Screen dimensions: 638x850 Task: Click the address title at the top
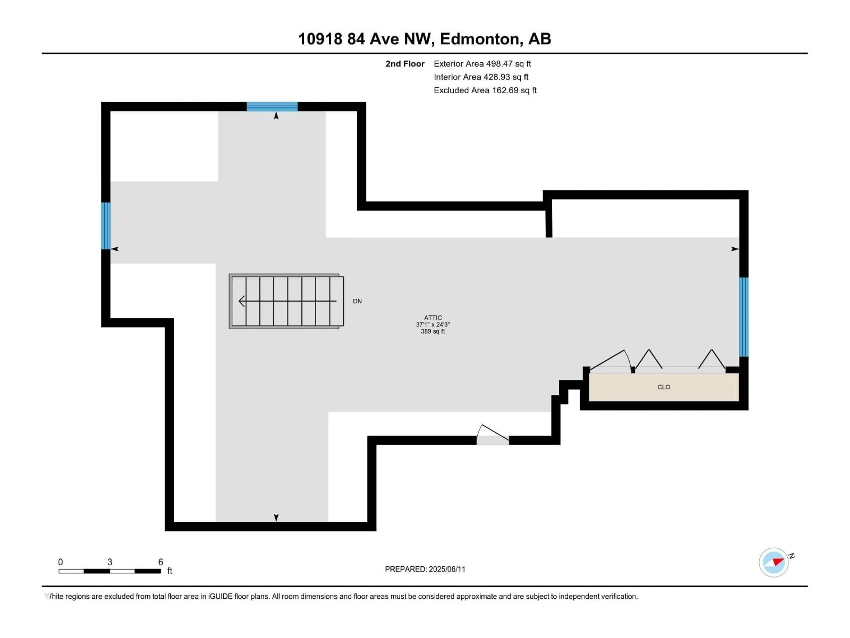tap(425, 39)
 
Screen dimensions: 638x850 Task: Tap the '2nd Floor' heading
tap(405, 64)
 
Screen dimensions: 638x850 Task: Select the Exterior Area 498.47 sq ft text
tap(482, 64)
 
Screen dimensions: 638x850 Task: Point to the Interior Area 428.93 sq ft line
tap(481, 77)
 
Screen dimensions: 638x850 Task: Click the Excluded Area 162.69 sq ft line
tap(485, 90)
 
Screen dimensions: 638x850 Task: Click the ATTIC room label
tap(433, 318)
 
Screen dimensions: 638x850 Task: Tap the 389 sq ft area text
tap(433, 331)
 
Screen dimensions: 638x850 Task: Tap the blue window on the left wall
tap(106, 226)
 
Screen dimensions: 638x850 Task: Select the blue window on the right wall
tap(744, 317)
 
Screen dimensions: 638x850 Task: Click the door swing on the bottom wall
tap(493, 435)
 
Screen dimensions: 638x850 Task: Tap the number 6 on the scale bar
tap(161, 562)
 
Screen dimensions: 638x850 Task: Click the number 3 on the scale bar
tap(110, 562)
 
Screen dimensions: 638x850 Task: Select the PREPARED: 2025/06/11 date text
tap(425, 569)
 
